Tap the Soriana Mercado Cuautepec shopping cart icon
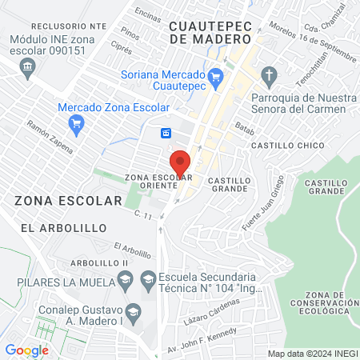coord(214,76)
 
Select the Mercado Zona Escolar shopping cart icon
coord(77,122)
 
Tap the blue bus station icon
coord(166,133)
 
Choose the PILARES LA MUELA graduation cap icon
coord(124,278)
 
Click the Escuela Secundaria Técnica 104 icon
coord(147,278)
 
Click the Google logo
coord(26,350)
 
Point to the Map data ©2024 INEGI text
coord(311,354)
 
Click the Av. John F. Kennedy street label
coord(202,338)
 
